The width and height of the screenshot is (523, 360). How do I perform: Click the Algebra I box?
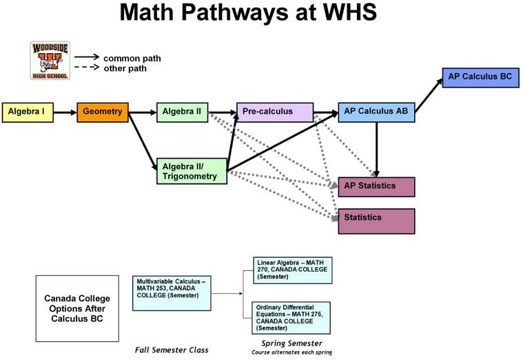click(28, 112)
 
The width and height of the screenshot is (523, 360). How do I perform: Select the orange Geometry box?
click(103, 112)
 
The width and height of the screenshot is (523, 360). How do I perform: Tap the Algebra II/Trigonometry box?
click(191, 171)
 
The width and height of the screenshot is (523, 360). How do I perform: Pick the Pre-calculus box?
click(274, 112)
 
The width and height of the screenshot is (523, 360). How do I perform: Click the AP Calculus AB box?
click(376, 112)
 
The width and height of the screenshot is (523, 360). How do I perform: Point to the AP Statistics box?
click(376, 186)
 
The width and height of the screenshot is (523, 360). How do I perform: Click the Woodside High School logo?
click(49, 61)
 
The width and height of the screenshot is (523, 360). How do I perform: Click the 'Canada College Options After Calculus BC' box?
click(77, 308)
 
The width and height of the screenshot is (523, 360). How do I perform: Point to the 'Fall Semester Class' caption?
click(171, 350)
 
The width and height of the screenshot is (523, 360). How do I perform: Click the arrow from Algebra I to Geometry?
click(65, 112)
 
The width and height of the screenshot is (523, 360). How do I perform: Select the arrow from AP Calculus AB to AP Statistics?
click(376, 148)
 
